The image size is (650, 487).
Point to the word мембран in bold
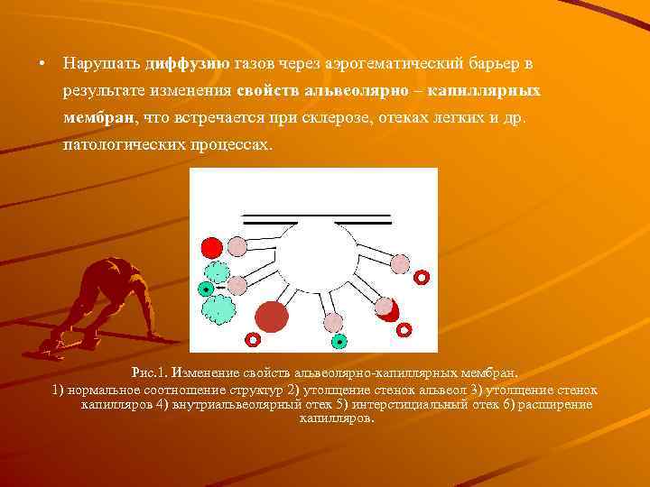coord(97,118)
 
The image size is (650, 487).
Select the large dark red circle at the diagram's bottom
coord(271,317)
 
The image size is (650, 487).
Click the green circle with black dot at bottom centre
coord(339,342)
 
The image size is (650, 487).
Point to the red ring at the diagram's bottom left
coord(254,340)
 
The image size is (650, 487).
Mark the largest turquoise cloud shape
coord(218,310)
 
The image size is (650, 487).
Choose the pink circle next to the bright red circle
coord(237,244)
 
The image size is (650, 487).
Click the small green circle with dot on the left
coord(207,289)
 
